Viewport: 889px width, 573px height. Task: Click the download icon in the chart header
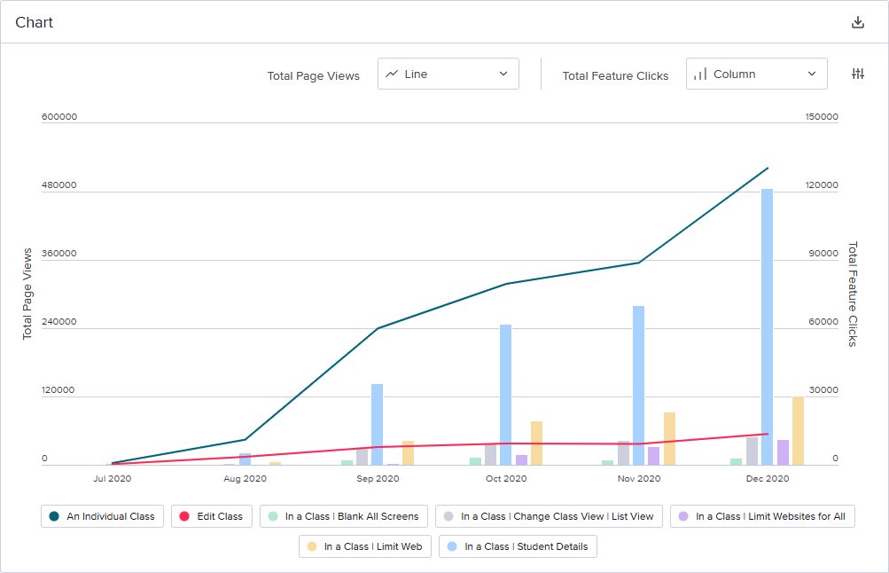coord(857,22)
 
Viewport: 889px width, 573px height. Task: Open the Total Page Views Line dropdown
coord(448,75)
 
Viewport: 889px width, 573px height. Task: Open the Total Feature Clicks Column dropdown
coord(756,75)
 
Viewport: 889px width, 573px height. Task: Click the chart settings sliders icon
coord(857,75)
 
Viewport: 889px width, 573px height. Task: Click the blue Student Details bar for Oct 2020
coord(505,394)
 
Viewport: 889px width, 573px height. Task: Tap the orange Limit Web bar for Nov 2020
coord(669,438)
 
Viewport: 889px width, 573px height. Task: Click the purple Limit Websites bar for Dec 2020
coord(783,452)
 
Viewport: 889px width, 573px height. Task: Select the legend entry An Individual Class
coord(102,516)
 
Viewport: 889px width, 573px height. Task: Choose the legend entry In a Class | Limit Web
coord(364,546)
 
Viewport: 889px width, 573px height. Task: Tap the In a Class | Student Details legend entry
coord(518,546)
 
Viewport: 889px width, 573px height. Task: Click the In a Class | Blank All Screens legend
coord(344,516)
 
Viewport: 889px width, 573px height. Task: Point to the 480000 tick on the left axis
coord(58,185)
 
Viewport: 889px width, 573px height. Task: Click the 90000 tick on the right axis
coord(821,254)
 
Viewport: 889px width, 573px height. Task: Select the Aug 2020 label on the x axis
coord(245,478)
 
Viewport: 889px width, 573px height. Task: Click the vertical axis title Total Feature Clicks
coord(853,294)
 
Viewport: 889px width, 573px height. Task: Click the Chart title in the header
coord(34,22)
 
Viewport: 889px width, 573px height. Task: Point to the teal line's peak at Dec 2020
coord(768,168)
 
